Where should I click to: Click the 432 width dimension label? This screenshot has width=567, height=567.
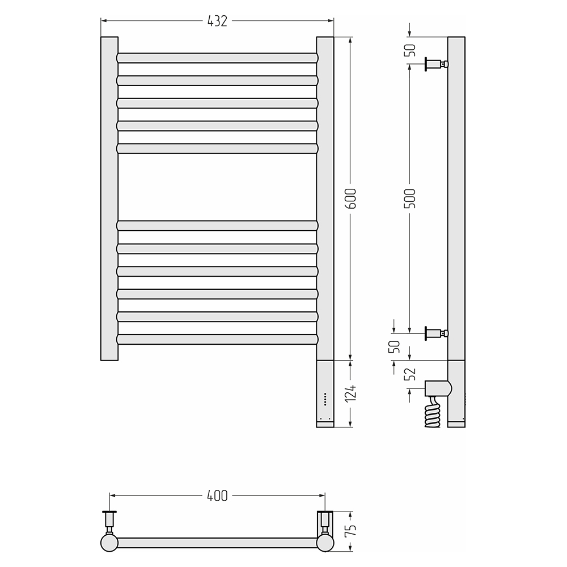(217, 22)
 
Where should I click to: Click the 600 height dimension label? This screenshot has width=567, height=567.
(350, 198)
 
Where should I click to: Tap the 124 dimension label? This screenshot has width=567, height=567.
(350, 393)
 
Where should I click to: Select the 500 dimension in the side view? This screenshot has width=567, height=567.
(410, 198)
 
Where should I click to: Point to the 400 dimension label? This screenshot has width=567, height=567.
(217, 496)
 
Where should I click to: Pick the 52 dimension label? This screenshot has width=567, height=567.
(410, 374)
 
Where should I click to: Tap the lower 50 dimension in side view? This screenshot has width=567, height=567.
(395, 347)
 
